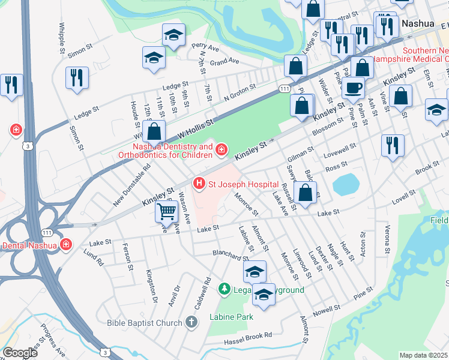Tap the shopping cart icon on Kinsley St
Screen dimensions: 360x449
[166, 211]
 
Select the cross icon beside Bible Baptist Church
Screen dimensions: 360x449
[191, 323]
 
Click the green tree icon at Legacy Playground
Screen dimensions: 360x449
[224, 290]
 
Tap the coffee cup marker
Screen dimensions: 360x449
[353, 88]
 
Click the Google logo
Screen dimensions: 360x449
[20, 353]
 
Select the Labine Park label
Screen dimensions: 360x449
[231, 317]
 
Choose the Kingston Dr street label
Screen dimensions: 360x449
[151, 286]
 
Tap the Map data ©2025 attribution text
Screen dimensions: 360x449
[424, 355]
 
